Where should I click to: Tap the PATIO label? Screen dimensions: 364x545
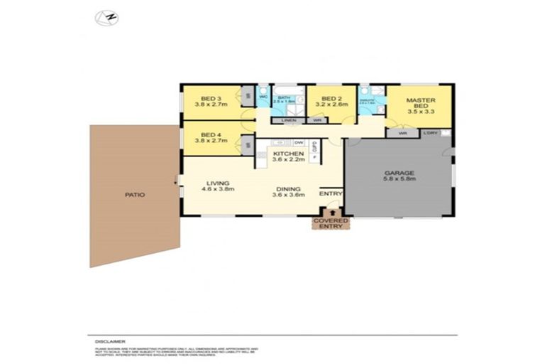pyautogui.click(x=134, y=195)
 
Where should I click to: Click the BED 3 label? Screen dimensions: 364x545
pyautogui.click(x=211, y=99)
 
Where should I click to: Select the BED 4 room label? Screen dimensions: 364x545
pyautogui.click(x=211, y=135)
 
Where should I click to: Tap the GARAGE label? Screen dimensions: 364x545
pyautogui.click(x=399, y=173)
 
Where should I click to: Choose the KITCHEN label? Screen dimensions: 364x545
pyautogui.click(x=288, y=154)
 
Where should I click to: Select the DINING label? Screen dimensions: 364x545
pyautogui.click(x=290, y=189)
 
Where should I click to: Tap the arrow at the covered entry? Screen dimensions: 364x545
pyautogui.click(x=331, y=211)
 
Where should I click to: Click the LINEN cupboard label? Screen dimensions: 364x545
pyautogui.click(x=288, y=120)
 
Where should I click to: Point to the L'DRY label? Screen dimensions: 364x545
pyautogui.click(x=430, y=133)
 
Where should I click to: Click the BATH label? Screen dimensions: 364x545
pyautogui.click(x=285, y=97)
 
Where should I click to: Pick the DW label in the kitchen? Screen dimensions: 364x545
pyautogui.click(x=299, y=143)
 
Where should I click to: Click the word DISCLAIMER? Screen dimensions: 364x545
pyautogui.click(x=102, y=341)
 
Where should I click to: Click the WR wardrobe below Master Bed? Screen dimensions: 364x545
pyautogui.click(x=402, y=133)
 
